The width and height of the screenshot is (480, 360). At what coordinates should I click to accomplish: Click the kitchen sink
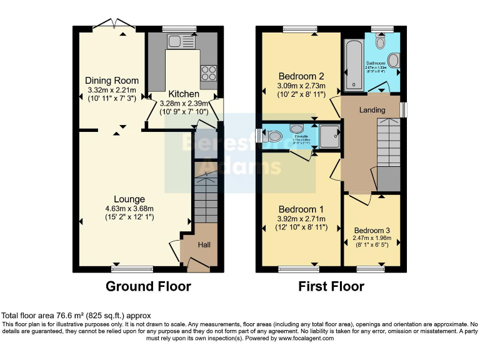tap(174, 42)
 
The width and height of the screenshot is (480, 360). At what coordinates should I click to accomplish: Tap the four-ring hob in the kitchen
tap(207, 71)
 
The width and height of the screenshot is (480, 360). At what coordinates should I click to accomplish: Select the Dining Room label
tap(103, 81)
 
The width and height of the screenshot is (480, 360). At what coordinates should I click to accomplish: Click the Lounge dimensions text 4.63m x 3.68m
tap(129, 209)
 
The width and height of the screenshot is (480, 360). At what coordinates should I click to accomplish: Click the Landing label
tap(372, 110)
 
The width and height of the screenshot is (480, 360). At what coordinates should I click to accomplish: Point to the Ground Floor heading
tap(148, 286)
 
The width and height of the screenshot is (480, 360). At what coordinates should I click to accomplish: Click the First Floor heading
tap(331, 286)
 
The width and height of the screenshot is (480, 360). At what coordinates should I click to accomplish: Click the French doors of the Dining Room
tap(114, 26)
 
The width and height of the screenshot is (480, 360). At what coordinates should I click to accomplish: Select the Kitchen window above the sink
tap(179, 29)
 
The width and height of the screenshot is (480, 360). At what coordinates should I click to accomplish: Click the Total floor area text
tap(76, 316)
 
